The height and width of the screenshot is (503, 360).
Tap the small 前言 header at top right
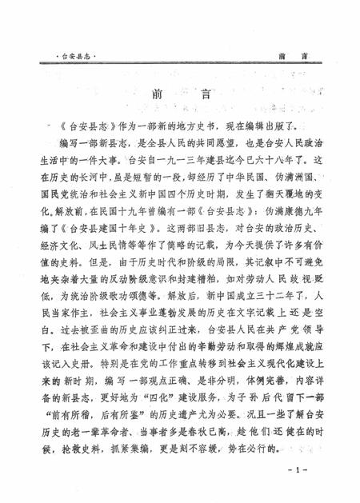[289, 58]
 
